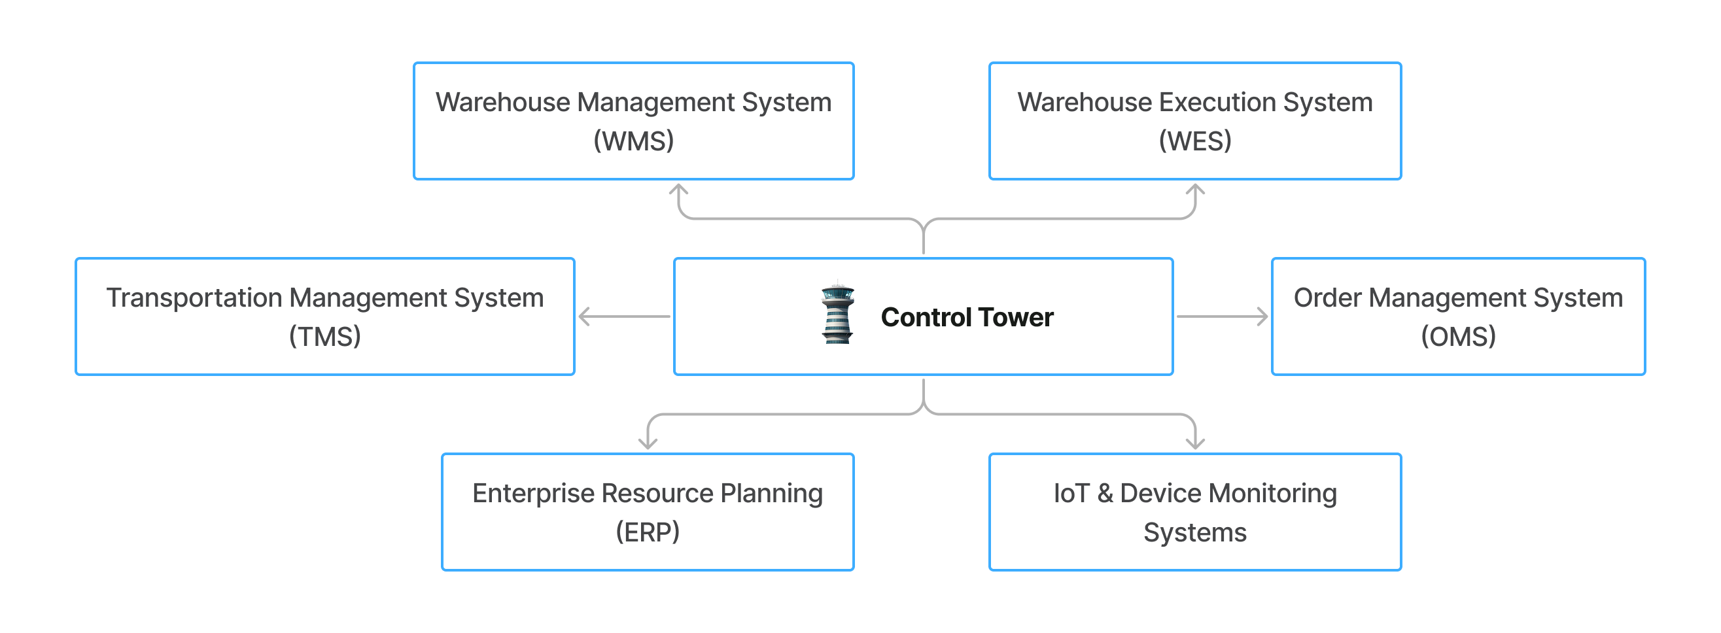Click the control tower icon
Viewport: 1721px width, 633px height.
click(837, 313)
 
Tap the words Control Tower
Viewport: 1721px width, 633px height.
click(967, 317)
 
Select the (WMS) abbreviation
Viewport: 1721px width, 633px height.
click(633, 141)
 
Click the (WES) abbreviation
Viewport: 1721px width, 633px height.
click(1194, 141)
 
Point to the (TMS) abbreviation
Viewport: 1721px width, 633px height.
click(324, 337)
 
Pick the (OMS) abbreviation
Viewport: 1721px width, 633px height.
click(1458, 337)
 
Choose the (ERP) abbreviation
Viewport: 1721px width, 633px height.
click(648, 532)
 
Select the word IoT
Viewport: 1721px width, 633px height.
click(1071, 494)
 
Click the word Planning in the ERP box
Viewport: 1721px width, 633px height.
click(772, 494)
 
